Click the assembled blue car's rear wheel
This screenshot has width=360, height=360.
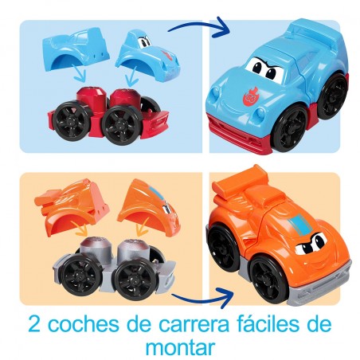[x=334, y=96]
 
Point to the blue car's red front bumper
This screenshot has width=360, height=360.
[x=239, y=133]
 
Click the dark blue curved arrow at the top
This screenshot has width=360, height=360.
[x=199, y=27]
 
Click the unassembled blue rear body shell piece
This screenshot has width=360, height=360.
[x=76, y=50]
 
